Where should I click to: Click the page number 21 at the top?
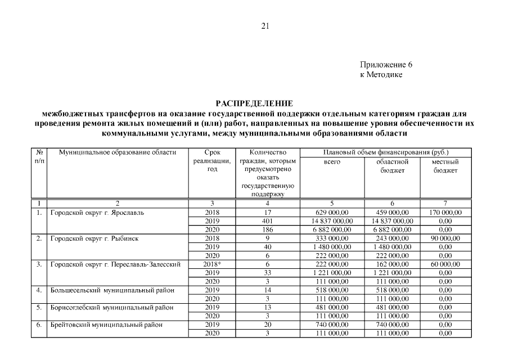pos(266,26)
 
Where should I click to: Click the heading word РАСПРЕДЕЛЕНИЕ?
pos(254,103)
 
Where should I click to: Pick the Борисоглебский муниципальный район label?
pos(111,308)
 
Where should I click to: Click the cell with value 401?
pos(268,221)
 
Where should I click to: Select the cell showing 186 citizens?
pos(268,229)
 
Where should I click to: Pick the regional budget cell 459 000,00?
pos(392,213)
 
